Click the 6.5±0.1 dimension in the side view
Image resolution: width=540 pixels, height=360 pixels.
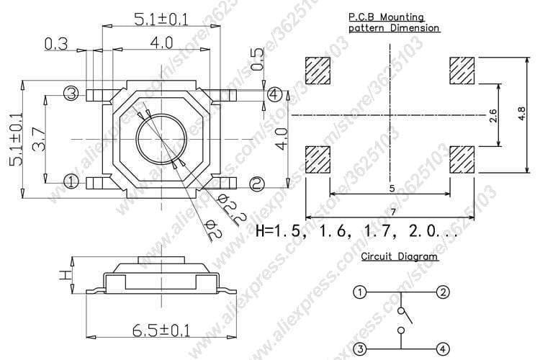(161, 331)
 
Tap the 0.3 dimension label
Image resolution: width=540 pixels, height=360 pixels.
(56, 44)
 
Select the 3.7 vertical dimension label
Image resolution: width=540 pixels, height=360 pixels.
(41, 135)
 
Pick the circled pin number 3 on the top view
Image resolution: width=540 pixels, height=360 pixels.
(71, 93)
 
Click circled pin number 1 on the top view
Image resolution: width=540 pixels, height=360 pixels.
(71, 181)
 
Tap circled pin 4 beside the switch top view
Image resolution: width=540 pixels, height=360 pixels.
(274, 94)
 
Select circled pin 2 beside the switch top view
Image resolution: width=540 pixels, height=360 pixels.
(257, 184)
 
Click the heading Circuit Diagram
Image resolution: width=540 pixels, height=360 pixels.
(399, 256)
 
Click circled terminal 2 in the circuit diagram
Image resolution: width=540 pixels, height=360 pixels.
(443, 292)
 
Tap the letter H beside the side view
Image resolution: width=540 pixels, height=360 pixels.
(63, 274)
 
